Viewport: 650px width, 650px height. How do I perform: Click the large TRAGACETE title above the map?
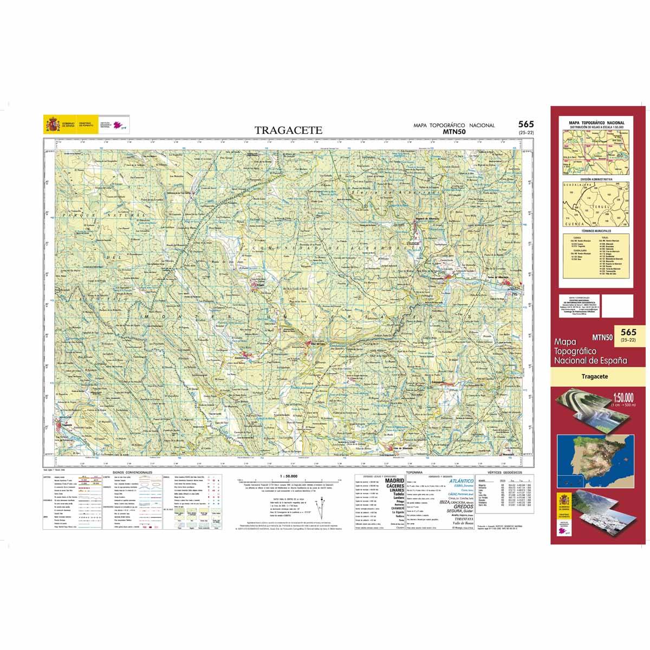[289, 131]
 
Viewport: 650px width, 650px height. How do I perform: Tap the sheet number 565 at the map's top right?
[525, 125]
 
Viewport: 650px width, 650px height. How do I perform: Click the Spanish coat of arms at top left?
[53, 125]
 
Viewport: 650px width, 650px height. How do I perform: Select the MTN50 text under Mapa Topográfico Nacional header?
[454, 131]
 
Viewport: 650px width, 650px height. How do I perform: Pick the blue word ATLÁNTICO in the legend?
[461, 480]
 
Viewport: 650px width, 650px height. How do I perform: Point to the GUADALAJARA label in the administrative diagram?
[576, 185]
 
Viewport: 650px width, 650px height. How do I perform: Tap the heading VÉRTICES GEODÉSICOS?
[503, 472]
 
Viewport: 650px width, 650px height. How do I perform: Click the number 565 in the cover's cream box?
[628, 332]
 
